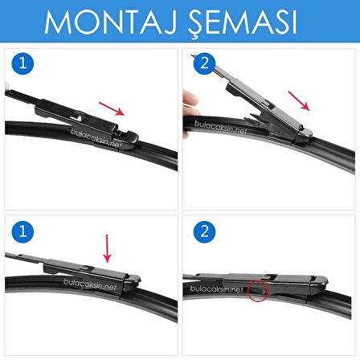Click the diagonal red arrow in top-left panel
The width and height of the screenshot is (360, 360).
112,109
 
